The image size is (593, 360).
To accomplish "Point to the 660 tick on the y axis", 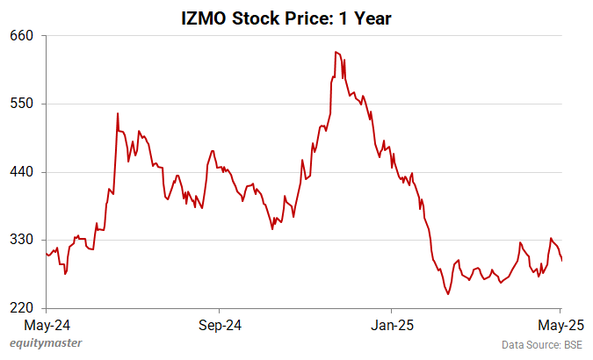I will [22, 36].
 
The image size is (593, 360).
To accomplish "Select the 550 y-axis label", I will [22, 104].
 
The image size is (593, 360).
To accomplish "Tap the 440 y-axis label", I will [22, 172].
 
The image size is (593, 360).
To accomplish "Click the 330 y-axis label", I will [22, 240].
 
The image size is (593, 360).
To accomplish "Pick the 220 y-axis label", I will [22, 308].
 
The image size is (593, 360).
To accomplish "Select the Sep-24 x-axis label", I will [219, 324].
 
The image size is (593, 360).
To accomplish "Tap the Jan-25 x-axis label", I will [391, 324].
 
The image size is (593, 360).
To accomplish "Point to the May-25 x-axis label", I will [561, 324].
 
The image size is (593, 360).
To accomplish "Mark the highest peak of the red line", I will [336, 52].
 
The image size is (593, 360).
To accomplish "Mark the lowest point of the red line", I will [447, 294].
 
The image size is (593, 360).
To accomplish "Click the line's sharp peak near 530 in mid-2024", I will [117, 112].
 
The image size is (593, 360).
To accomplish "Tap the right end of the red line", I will [562, 260].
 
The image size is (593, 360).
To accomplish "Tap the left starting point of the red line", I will [46, 254].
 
